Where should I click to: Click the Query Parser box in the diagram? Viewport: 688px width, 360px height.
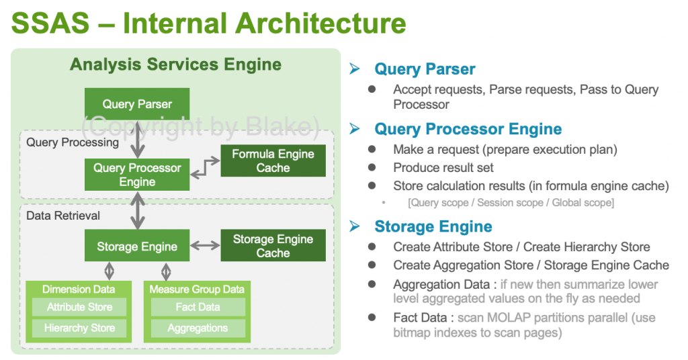point(137,104)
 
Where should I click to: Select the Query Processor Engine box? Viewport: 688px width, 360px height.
point(137,175)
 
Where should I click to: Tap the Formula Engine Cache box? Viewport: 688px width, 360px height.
point(273,161)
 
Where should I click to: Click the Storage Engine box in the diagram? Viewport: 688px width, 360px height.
point(137,246)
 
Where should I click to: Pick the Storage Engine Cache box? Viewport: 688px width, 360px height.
point(273,246)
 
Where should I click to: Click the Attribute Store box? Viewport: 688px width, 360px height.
point(79,307)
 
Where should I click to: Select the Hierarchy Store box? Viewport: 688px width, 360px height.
point(79,328)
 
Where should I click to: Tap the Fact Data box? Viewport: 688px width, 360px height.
point(198,307)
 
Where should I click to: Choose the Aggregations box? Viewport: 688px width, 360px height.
point(198,328)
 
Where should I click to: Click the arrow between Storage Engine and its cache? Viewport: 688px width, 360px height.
point(206,246)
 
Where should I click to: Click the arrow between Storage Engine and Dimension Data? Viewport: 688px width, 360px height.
point(109,271)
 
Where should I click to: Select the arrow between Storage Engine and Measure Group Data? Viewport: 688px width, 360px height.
point(166,271)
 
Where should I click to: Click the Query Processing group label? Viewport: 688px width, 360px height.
point(73,142)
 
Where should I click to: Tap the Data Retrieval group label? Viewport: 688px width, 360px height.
point(63,216)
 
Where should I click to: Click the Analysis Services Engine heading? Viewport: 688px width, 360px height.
point(175,65)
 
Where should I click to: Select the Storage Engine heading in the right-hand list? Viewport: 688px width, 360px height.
point(433,226)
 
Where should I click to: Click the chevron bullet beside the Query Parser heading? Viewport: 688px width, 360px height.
point(355,69)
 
